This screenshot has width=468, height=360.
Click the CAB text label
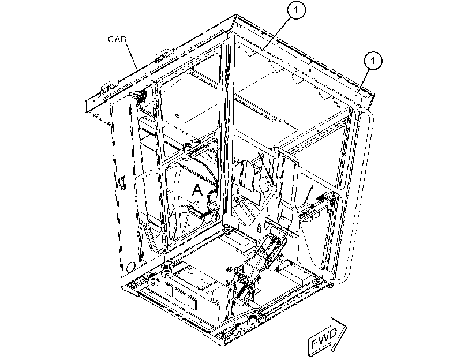pyautogui.click(x=117, y=39)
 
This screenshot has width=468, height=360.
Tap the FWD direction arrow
pyautogui.click(x=327, y=337)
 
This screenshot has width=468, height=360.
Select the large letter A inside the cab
pyautogui.click(x=197, y=190)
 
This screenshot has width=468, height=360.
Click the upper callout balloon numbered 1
pyautogui.click(x=296, y=10)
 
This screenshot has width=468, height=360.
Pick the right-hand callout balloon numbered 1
pyautogui.click(x=373, y=61)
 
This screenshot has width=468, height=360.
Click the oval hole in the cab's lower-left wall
pyautogui.click(x=131, y=267)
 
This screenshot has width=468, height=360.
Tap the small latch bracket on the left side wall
pyautogui.click(x=122, y=183)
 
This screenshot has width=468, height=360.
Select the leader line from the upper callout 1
pyautogui.click(x=276, y=33)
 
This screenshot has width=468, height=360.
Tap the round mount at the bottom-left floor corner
pyautogui.click(x=153, y=282)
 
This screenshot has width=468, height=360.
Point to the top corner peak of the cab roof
pyautogui.click(x=236, y=14)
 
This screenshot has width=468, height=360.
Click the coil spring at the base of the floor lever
pyautogui.click(x=242, y=290)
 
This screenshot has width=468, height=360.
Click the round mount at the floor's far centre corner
pyautogui.click(x=227, y=230)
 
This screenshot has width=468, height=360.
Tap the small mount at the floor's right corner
pyautogui.click(x=330, y=285)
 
